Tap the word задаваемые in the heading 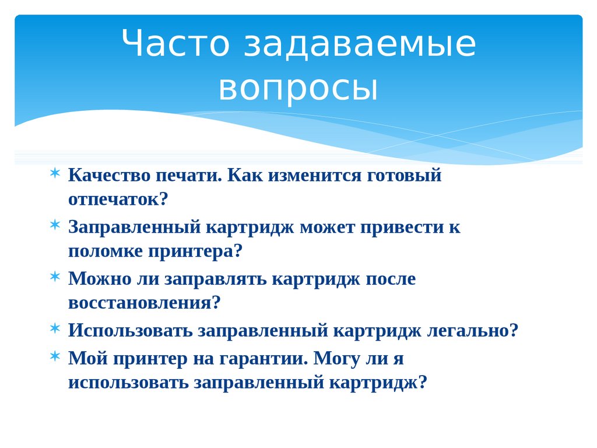(360, 45)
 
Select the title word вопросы (298, 89)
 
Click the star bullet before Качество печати (54, 173)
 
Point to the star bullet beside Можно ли (54, 276)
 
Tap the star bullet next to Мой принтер (54, 356)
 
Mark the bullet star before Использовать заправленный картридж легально (54, 328)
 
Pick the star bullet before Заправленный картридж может (54, 225)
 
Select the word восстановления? (145, 303)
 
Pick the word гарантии (263, 358)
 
